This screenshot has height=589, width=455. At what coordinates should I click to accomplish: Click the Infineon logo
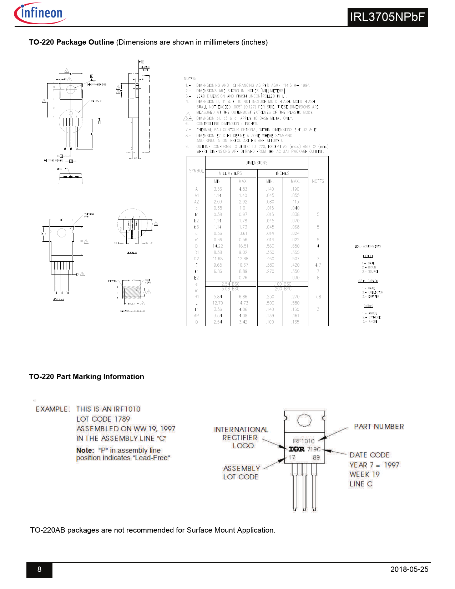point(40,14)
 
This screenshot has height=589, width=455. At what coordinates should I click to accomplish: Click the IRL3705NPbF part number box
point(387,17)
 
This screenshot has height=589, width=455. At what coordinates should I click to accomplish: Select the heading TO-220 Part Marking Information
point(86,377)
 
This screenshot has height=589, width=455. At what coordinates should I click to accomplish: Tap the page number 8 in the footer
point(39,569)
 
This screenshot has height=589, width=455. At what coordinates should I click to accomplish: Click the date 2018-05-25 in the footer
point(409,569)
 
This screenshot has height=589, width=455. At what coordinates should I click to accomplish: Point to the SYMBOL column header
point(196,171)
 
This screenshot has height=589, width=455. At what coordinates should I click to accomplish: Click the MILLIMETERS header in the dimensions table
point(231,173)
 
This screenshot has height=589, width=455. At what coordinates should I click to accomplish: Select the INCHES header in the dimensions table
point(282,173)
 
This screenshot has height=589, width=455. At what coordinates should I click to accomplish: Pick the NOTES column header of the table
point(318,181)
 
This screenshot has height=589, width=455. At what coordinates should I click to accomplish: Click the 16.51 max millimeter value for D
point(243,246)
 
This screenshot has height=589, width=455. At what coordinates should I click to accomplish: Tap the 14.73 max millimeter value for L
point(243,303)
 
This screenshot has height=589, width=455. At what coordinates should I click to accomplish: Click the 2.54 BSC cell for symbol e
point(231,284)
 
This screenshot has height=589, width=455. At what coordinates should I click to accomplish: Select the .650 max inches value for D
point(295,246)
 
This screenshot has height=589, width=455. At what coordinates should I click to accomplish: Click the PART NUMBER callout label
point(379,427)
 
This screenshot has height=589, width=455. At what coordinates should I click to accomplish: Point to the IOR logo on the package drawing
point(297,449)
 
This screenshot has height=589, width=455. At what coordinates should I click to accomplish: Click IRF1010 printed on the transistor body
point(304,441)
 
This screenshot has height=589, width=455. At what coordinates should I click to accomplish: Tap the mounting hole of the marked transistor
point(304,420)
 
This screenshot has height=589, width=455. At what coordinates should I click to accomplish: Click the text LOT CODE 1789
point(103,419)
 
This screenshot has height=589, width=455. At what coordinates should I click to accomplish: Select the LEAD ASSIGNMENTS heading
point(368,246)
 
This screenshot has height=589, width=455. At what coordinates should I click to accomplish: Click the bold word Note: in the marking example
point(85,450)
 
